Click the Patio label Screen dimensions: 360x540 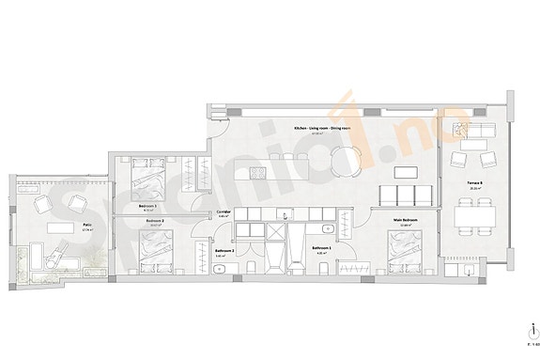click(59, 225)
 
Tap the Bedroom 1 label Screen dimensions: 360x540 click(147, 205)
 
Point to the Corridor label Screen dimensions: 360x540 click(224, 212)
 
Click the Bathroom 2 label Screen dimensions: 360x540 click(224, 251)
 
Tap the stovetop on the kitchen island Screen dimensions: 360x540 click(257, 173)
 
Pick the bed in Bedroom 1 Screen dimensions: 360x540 click(147, 174)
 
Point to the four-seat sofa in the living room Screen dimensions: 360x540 click(405, 195)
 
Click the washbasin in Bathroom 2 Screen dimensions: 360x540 click(218, 269)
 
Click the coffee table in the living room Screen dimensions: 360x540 click(404, 172)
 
